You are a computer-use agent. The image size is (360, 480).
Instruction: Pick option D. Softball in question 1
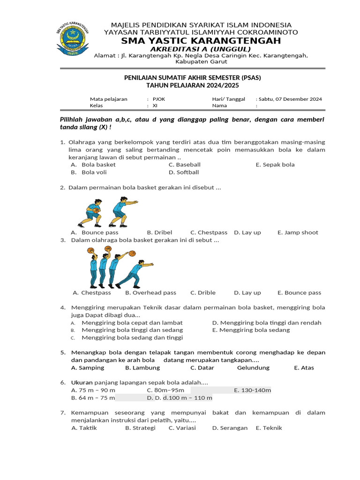coord(184,172)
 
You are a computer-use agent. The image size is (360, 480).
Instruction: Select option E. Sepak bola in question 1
coord(275,165)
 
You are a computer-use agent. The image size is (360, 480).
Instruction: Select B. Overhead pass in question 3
coord(150,292)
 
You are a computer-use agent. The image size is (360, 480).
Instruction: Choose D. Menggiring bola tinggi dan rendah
coord(267,322)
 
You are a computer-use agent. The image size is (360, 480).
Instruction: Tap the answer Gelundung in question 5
coord(253,367)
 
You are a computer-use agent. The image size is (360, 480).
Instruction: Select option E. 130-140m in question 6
coord(252,390)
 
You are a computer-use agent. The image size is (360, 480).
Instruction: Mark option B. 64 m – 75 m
coord(93,398)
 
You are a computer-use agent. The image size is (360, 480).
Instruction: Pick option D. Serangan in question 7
coord(230,427)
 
